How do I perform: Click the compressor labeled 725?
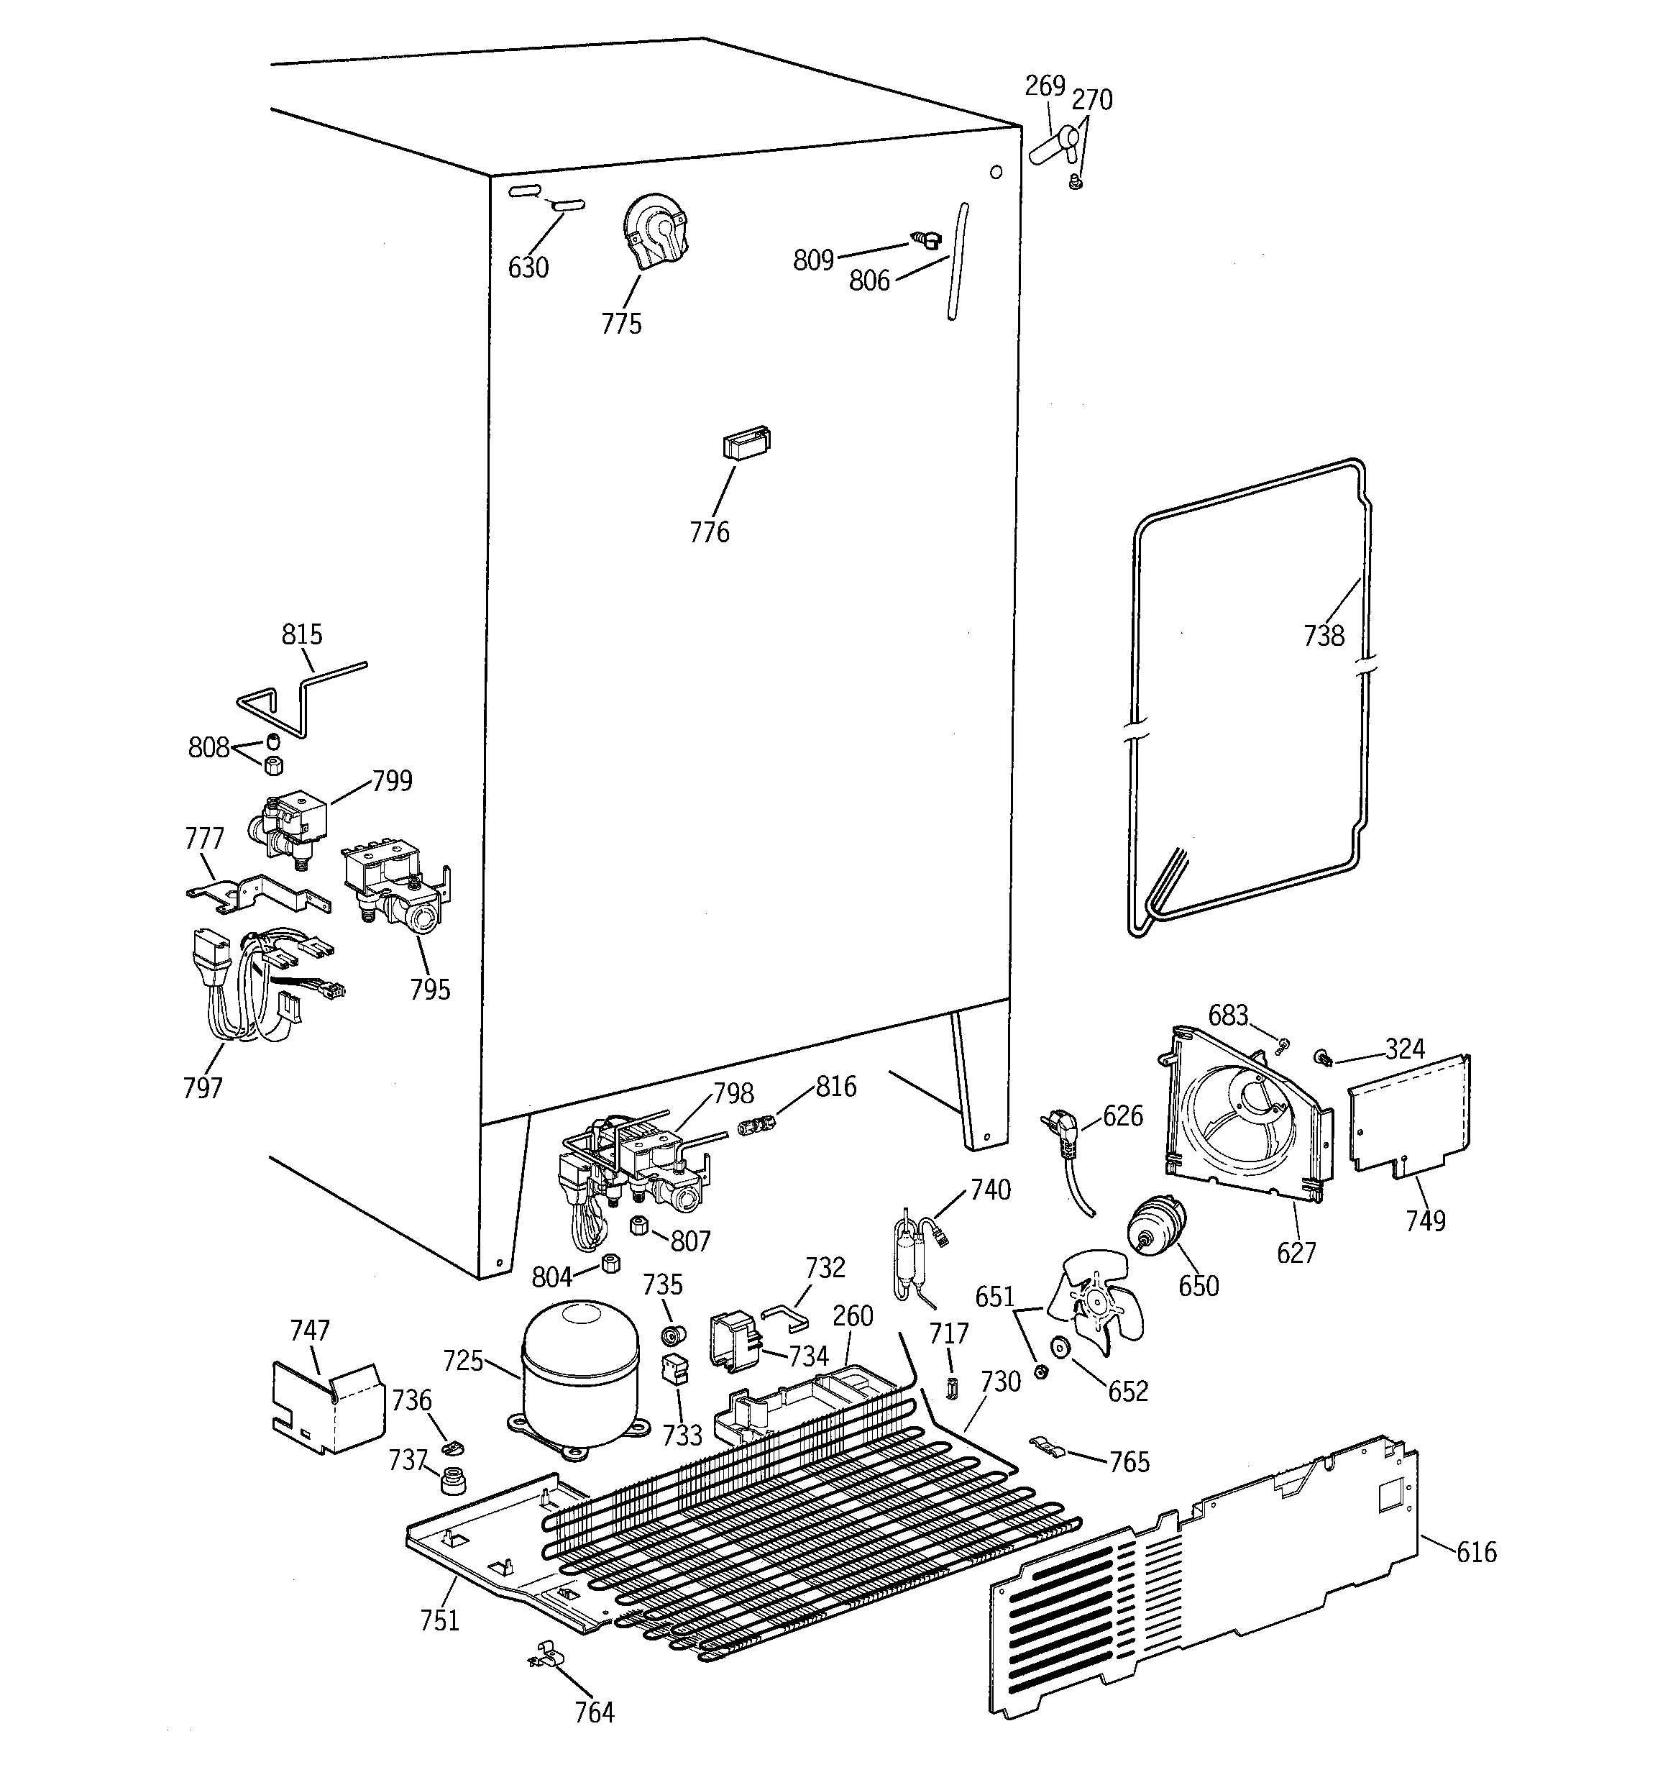pyautogui.click(x=580, y=1379)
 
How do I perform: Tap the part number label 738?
pyautogui.click(x=1324, y=636)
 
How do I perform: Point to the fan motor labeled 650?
pyautogui.click(x=1155, y=1226)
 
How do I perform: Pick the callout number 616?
pyautogui.click(x=1475, y=1552)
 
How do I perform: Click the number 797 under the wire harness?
pyautogui.click(x=202, y=1088)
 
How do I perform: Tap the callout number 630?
pyautogui.click(x=528, y=268)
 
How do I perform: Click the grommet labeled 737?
pyautogui.click(x=454, y=1482)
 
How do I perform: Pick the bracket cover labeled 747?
pyautogui.click(x=327, y=1407)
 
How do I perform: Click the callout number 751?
pyautogui.click(x=439, y=1620)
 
